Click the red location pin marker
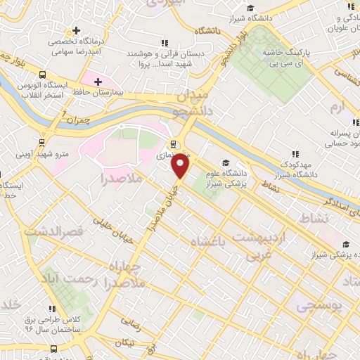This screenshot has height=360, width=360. (x=181, y=167)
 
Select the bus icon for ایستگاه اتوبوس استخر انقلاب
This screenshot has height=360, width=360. (x=44, y=75)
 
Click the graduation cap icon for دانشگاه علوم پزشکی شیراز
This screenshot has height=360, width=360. (x=225, y=162)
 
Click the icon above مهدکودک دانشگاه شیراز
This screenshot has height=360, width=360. (x=295, y=155)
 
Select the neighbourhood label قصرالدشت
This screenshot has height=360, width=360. (x=53, y=230)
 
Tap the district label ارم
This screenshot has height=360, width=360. (x=338, y=108)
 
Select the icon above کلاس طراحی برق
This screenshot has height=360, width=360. (x=52, y=308)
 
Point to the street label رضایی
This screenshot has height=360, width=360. (x=131, y=324)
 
